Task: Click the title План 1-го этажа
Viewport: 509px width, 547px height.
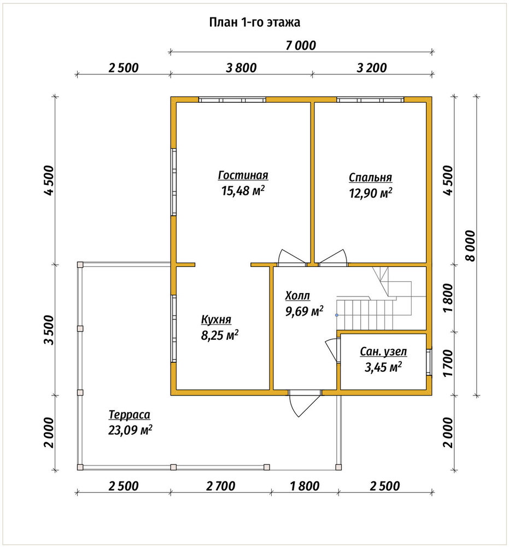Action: pos(255,22)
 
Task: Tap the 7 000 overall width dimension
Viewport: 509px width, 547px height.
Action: pos(301,45)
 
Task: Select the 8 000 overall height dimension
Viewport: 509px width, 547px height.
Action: pos(470,246)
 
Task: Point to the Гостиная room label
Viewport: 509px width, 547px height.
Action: pos(243,175)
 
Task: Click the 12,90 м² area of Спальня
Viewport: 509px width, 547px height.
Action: pos(371,193)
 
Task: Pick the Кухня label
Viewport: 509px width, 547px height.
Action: pos(216,319)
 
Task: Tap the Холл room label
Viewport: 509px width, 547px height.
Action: pos(297,295)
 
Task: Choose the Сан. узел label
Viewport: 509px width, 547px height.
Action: pos(383,352)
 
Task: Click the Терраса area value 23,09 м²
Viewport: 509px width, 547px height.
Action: pos(130,430)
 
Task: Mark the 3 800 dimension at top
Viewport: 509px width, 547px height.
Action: pos(241,68)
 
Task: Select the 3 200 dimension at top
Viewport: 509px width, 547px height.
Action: pos(372,68)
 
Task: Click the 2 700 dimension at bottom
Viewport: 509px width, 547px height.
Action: pos(221,486)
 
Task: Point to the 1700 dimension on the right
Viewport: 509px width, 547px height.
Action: pos(448,363)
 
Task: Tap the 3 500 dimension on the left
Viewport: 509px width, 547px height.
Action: pos(49,330)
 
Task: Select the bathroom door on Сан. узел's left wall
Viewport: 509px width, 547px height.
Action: pos(332,351)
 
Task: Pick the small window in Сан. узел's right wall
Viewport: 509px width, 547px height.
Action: pos(429,363)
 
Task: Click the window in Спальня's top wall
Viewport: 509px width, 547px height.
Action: pos(370,100)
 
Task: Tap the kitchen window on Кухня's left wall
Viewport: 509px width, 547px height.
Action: pos(173,329)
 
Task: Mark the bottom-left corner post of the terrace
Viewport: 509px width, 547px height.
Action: pos(80,467)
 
